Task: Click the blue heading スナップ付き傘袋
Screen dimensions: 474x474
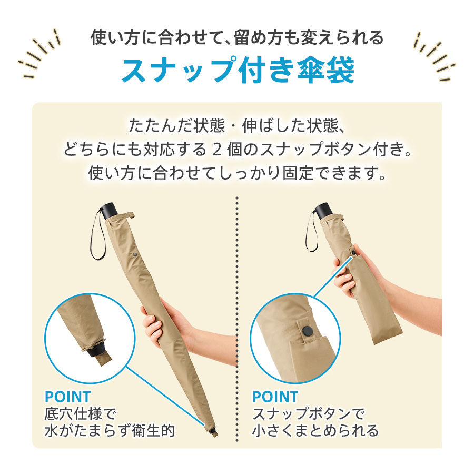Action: pyautogui.click(x=238, y=70)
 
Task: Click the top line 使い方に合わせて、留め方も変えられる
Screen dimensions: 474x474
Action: pyautogui.click(x=237, y=38)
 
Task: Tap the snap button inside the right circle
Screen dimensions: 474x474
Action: pyautogui.click(x=307, y=331)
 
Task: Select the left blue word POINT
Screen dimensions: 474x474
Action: pyautogui.click(x=67, y=397)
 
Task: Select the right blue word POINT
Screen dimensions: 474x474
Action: pyautogui.click(x=275, y=397)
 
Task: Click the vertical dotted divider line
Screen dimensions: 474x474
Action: pyautogui.click(x=238, y=316)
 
